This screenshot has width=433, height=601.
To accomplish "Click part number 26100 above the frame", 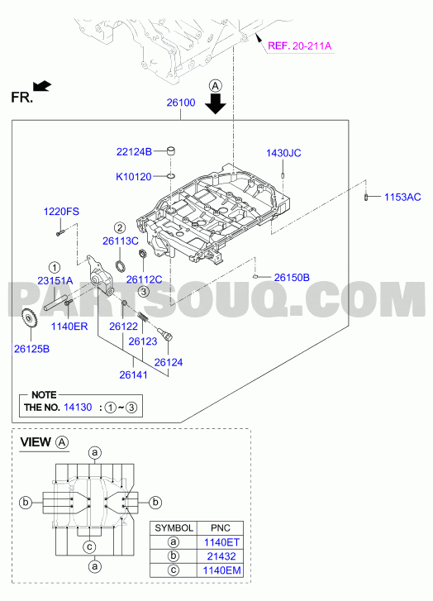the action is click(x=181, y=103).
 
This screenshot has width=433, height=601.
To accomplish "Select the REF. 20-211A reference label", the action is click(x=299, y=46).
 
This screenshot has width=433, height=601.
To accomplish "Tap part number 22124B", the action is click(x=134, y=152).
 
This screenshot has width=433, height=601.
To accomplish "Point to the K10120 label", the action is click(x=134, y=177).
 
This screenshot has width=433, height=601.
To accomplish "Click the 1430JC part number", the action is click(x=283, y=153).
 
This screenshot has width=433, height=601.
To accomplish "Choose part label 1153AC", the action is click(x=402, y=197).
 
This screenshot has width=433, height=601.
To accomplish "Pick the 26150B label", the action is click(x=292, y=278).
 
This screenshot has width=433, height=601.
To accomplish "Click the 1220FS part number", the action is click(x=61, y=212).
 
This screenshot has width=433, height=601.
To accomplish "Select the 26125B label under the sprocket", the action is click(x=31, y=349).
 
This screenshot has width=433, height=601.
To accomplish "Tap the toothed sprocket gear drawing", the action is click(x=29, y=319).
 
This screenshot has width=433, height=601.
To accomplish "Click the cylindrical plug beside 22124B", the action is click(x=171, y=151).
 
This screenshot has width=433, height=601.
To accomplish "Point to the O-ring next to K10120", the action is click(x=171, y=176).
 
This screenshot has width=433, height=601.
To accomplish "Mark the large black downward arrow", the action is click(x=216, y=103).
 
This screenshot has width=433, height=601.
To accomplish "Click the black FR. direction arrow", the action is click(x=42, y=86).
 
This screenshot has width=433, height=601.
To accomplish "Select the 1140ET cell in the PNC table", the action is click(x=221, y=542).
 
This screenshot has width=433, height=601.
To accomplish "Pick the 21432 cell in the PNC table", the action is click(x=221, y=556).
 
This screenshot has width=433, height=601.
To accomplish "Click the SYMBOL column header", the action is click(x=174, y=528).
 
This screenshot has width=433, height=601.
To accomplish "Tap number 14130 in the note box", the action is click(x=78, y=407).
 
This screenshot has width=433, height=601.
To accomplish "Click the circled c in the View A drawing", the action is click(x=90, y=546).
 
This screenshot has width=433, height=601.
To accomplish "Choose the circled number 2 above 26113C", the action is click(x=120, y=227).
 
